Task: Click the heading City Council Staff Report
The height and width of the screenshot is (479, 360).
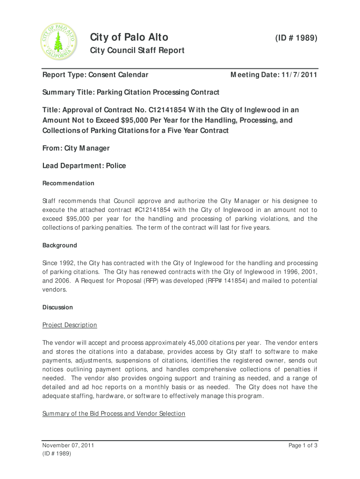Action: [137, 51]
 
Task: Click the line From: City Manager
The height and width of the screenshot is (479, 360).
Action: [76, 148]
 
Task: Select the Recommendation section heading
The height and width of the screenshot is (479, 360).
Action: [68, 183]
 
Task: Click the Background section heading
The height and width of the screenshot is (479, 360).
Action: [60, 245]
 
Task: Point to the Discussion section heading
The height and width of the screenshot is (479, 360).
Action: [58, 307]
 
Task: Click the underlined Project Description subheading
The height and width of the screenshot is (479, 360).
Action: [70, 325]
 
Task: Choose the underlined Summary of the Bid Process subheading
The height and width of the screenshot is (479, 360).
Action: [114, 414]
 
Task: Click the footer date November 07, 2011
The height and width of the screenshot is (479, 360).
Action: [68, 445]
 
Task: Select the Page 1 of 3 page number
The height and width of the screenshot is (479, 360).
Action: [303, 445]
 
